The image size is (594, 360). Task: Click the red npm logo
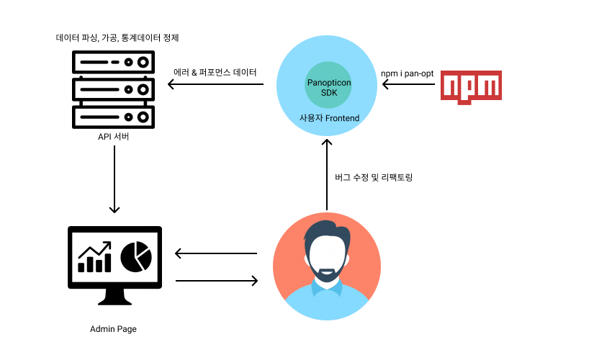pyautogui.click(x=471, y=85)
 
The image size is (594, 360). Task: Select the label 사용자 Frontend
pyautogui.click(x=329, y=118)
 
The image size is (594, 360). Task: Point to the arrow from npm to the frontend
pyautogui.click(x=408, y=85)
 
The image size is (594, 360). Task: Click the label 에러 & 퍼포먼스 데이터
pyautogui.click(x=215, y=73)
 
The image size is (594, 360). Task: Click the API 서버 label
pyautogui.click(x=114, y=136)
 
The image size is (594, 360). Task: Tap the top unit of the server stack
pyautogui.click(x=113, y=62)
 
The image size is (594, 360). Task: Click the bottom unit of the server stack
pyautogui.click(x=113, y=115)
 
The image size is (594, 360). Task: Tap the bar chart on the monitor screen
pyautogui.click(x=94, y=258)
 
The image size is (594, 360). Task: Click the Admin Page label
pyautogui.click(x=113, y=329)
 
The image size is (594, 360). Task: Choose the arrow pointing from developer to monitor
pyautogui.click(x=216, y=253)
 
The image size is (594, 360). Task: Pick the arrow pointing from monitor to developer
pyautogui.click(x=216, y=280)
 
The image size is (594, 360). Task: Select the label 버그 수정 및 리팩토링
pyautogui.click(x=374, y=177)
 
